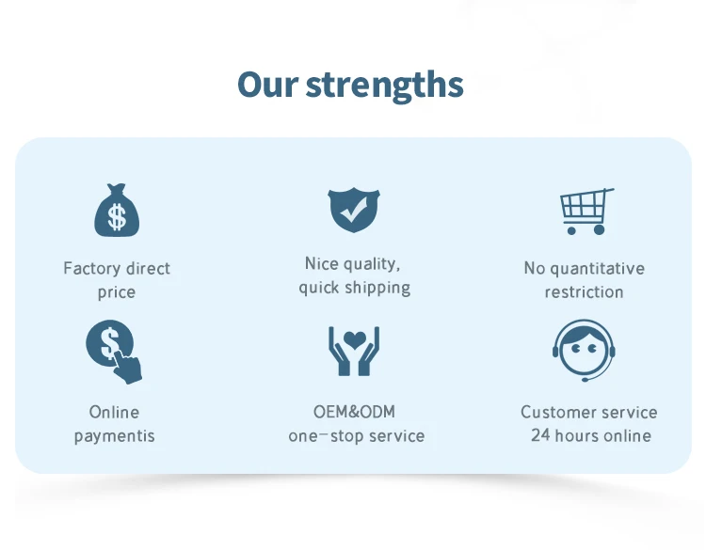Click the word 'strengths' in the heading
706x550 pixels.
pyautogui.click(x=384, y=86)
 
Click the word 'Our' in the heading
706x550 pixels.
pyautogui.click(x=267, y=84)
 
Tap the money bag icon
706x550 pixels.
pyautogui.click(x=117, y=210)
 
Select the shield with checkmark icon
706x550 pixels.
pyautogui.click(x=354, y=210)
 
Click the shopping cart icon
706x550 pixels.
pyautogui.click(x=586, y=212)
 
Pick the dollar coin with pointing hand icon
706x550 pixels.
pyautogui.click(x=114, y=352)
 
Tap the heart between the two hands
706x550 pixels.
pyautogui.click(x=354, y=340)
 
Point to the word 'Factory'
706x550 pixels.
pyautogui.click(x=91, y=269)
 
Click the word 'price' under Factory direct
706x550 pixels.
pyautogui.click(x=117, y=292)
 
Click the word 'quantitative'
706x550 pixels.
pyautogui.click(x=598, y=269)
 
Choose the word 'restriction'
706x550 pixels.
pyautogui.click(x=584, y=292)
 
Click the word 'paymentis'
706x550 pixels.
pyautogui.click(x=114, y=436)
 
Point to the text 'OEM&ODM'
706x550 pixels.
pyautogui.click(x=354, y=412)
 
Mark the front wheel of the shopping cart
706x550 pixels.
pyautogui.click(x=571, y=230)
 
